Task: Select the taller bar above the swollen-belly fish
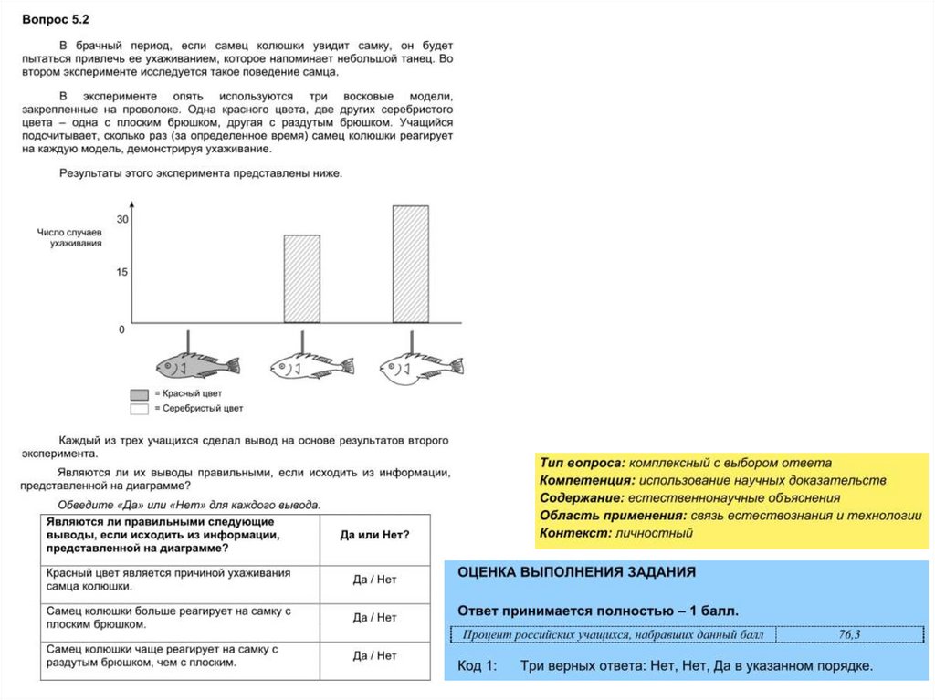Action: tap(411, 264)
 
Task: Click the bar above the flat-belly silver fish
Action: tap(302, 278)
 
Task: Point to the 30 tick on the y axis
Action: tap(122, 219)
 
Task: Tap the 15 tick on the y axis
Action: tap(122, 272)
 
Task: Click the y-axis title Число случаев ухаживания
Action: tap(69, 237)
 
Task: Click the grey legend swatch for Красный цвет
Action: tap(140, 394)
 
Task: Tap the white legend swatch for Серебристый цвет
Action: tap(140, 409)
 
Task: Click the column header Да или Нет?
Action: tap(374, 535)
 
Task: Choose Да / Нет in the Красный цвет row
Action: tap(374, 580)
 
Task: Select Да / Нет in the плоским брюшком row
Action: tap(374, 618)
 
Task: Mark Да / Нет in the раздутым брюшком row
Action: tap(374, 655)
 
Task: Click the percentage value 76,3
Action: tap(849, 634)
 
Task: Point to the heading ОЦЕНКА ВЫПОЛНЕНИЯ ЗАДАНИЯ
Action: tap(575, 572)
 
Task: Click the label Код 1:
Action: tap(477, 666)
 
